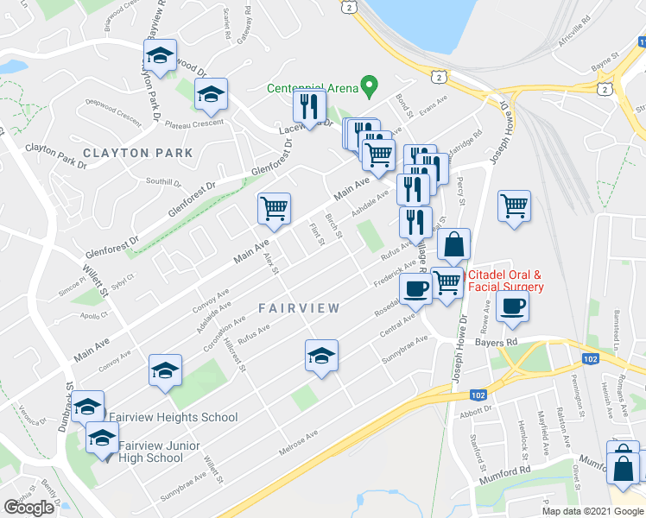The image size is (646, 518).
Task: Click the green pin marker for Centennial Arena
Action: point(370,85)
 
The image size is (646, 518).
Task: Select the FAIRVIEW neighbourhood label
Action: point(299,307)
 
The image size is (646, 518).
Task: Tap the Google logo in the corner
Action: point(28,507)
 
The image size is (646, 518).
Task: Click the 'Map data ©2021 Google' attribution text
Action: point(592,511)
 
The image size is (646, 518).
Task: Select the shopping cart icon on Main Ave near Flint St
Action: point(274,207)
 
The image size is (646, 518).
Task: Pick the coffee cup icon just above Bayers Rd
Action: point(512,306)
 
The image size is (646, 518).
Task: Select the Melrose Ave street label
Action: point(299,442)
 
